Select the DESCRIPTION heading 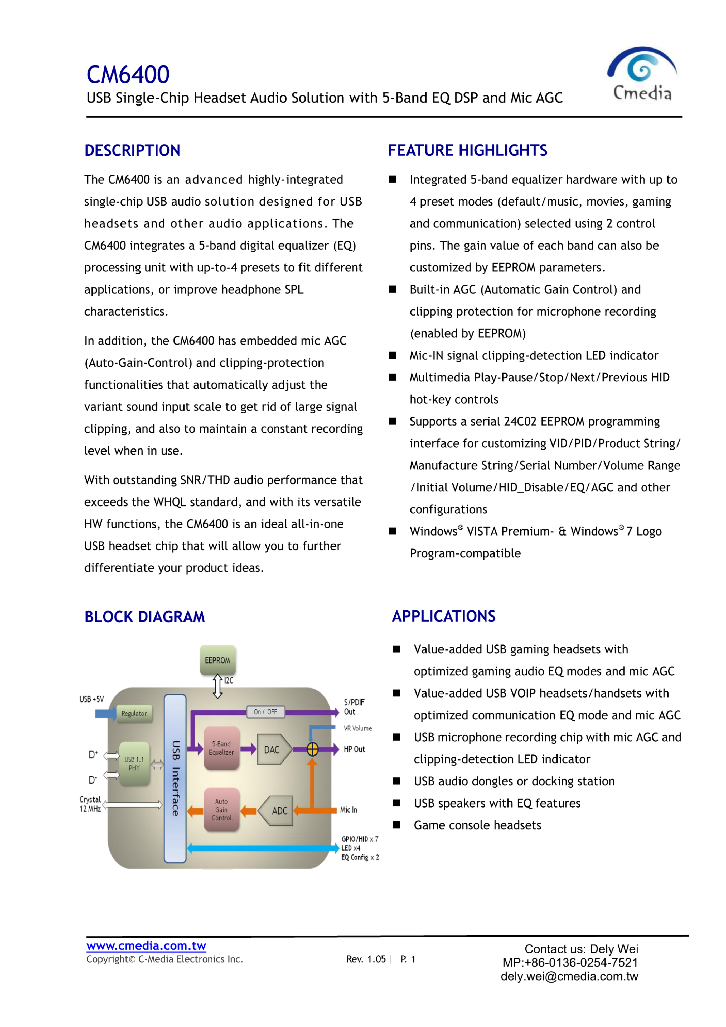click(132, 151)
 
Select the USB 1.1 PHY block click(134, 763)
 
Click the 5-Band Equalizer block click(221, 748)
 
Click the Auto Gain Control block click(221, 810)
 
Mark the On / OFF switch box click(265, 712)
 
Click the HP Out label click(354, 749)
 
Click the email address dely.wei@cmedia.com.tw click(569, 976)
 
